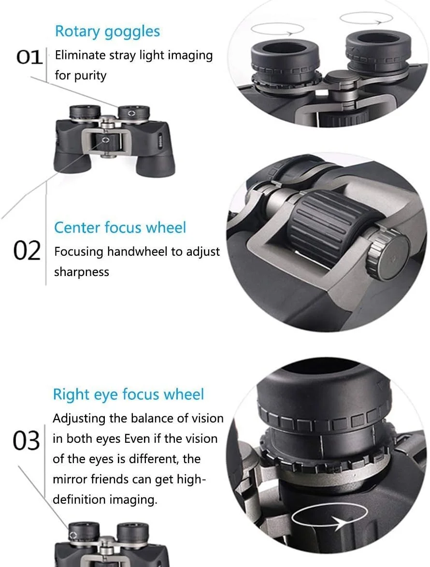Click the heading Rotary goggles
click(107, 32)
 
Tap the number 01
click(29, 58)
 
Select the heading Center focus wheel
click(120, 228)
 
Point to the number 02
click(27, 251)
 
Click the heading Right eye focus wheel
click(129, 394)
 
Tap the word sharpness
click(82, 272)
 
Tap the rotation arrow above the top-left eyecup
click(277, 29)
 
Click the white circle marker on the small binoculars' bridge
click(105, 140)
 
